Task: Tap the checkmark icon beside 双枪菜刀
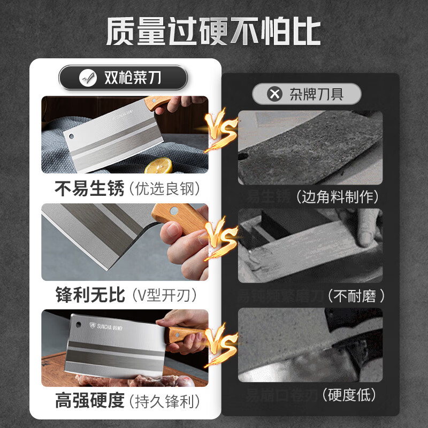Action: [x=88, y=78]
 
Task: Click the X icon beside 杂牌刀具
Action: [x=274, y=95]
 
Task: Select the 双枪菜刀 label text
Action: [x=132, y=78]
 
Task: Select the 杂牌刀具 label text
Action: [x=316, y=95]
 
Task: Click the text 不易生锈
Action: [x=89, y=188]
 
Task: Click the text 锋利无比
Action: [x=89, y=294]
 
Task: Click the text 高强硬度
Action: [x=89, y=400]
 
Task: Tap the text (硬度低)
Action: [x=348, y=395]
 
